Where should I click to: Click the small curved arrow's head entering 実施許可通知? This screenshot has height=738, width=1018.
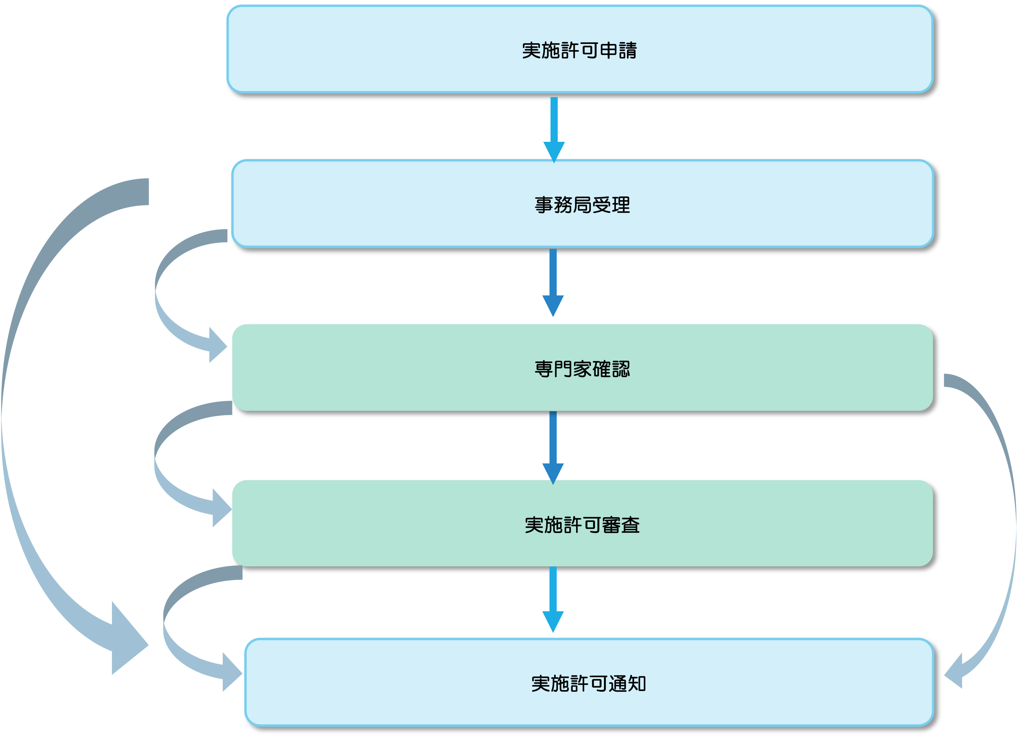tap(231, 672)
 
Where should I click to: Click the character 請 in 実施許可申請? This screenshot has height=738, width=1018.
tap(628, 50)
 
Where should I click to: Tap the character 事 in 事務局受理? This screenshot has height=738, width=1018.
tap(544, 205)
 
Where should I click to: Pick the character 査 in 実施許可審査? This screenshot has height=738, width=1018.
tap(630, 525)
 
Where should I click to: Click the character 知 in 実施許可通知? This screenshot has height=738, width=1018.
tap(637, 684)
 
